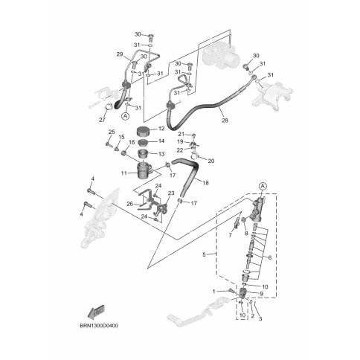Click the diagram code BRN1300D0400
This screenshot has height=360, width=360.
99,326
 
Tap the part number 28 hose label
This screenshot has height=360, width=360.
225,120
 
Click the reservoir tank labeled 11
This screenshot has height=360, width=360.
144,170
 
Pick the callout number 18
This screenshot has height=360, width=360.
206,183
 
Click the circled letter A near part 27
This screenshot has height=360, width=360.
126,116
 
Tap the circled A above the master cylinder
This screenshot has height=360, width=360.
263,186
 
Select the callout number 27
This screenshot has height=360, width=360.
102,120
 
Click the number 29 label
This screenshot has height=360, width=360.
120,54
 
